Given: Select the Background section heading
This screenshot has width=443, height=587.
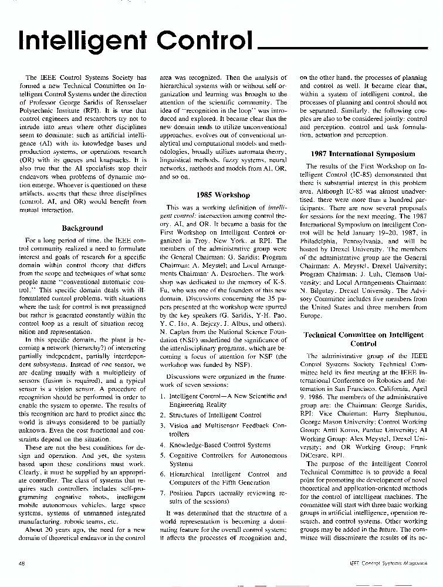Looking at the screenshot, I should [x=82, y=228].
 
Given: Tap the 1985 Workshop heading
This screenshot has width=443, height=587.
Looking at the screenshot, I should [x=223, y=195].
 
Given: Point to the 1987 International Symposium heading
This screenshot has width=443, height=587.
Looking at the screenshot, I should [x=363, y=154].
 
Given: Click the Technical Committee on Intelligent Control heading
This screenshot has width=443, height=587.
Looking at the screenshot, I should [x=363, y=339].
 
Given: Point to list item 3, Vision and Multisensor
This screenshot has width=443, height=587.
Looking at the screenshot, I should [x=223, y=429].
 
